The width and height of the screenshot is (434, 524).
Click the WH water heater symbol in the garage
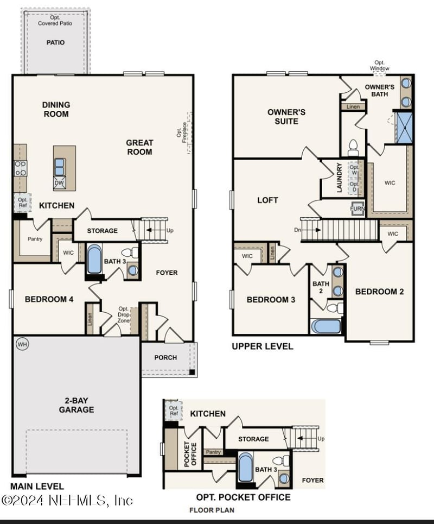point(22,344)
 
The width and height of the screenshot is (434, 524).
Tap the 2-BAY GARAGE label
point(76,405)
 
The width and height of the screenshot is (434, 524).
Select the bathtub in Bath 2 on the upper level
point(326,326)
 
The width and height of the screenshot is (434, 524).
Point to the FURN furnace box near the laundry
point(357,208)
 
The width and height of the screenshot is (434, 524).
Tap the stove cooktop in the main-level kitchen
point(20,168)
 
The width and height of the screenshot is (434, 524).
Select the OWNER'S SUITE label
point(286,117)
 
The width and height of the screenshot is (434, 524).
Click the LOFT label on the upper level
point(267,200)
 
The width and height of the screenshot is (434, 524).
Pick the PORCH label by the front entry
point(165,357)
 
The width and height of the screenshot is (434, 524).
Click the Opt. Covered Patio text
point(55,20)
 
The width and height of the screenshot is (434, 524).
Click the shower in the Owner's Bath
point(404,127)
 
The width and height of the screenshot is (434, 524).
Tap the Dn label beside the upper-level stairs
point(297,230)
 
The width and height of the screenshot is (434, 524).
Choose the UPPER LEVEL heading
point(263,346)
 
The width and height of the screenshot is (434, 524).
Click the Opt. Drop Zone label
point(123,314)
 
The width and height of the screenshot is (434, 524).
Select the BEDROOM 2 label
point(379,292)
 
